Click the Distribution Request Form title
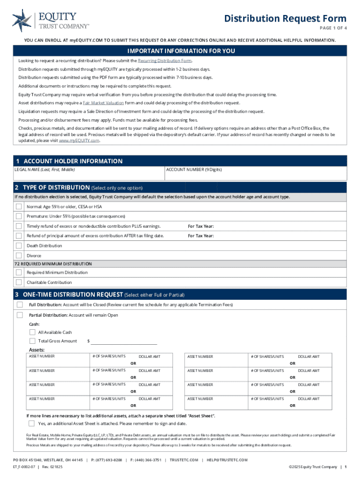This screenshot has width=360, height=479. pos(285,19)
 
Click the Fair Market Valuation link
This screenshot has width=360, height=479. pos(103,102)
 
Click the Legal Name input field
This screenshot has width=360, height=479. pos(89,175)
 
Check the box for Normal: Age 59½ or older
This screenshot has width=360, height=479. pos(19,206)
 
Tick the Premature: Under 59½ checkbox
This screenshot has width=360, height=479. pos(19,216)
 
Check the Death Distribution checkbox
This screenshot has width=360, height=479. pos(19,246)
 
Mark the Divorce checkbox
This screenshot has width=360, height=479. pos(19,255)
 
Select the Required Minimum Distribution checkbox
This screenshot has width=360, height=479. pos(19,272)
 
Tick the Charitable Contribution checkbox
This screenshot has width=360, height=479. pos(19,282)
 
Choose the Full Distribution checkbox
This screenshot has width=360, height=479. pos(20,305)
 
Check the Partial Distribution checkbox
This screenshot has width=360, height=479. pos(20,315)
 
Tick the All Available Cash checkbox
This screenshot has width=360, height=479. pos(32,332)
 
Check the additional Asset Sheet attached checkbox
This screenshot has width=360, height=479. pos(31,424)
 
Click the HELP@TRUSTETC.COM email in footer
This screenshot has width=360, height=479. pos(227,460)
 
